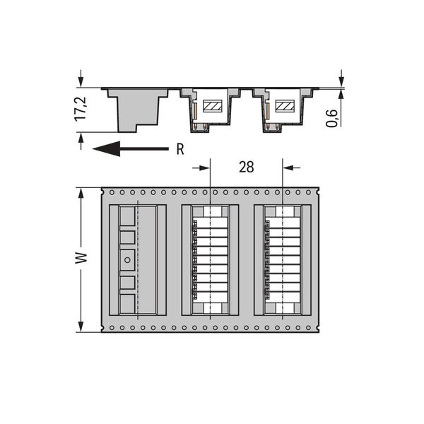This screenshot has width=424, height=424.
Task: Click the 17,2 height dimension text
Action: coord(81,108)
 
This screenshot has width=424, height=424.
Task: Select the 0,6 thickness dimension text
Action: coord(331,118)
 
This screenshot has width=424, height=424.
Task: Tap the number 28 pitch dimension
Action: coord(247,167)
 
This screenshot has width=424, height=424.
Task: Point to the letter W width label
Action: coord(81,258)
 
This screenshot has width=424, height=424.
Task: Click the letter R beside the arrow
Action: coord(180,149)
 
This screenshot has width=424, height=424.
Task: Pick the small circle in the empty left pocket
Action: coord(127,260)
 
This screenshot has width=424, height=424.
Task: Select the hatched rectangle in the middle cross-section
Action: coord(213,106)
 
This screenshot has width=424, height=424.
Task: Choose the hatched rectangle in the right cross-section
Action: coord(285,106)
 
